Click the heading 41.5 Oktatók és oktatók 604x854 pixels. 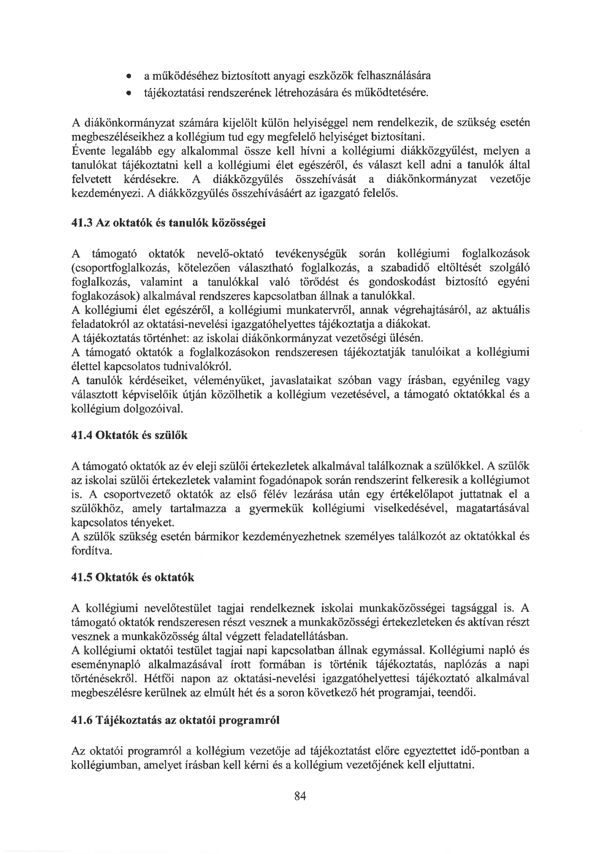(133, 577)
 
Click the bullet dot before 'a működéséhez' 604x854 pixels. (128, 77)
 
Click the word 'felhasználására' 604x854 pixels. (394, 76)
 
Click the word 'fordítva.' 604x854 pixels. (92, 550)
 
